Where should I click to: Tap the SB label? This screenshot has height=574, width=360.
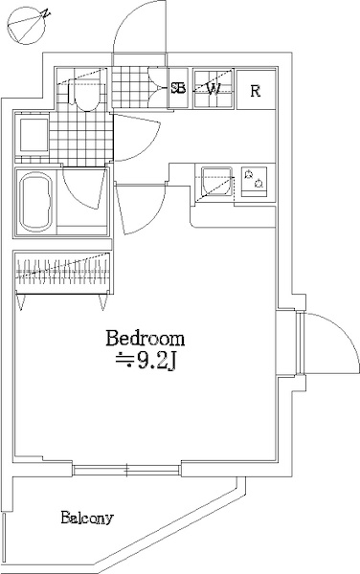(178, 89)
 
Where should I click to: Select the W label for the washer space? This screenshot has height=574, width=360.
(214, 89)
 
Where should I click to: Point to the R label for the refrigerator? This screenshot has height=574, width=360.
(256, 91)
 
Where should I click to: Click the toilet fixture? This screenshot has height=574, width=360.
(83, 93)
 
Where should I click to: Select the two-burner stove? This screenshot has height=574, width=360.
(254, 179)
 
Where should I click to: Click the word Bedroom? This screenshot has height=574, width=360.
(145, 339)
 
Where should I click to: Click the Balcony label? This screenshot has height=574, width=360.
(87, 519)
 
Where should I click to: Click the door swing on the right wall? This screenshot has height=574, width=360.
(321, 343)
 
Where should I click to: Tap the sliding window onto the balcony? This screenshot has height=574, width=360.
(126, 469)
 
